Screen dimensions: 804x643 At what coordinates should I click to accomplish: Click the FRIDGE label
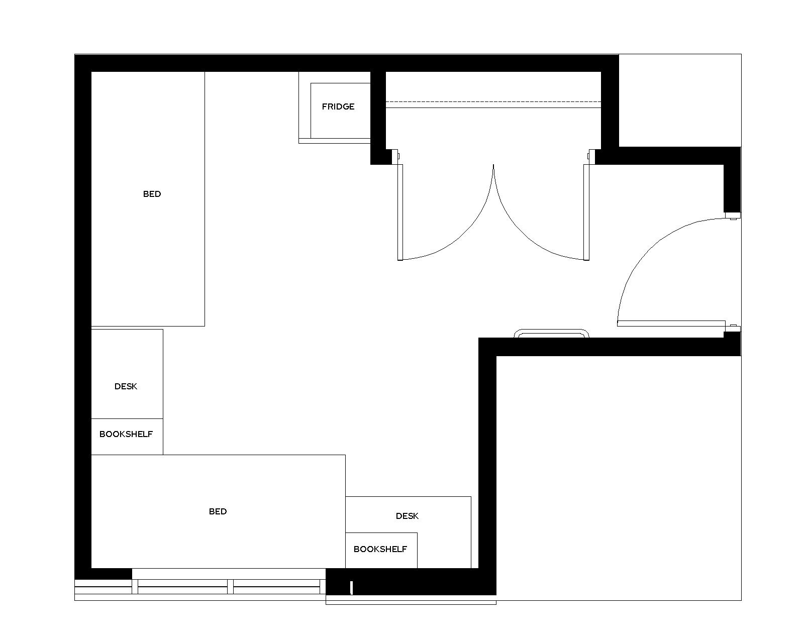coord(338,106)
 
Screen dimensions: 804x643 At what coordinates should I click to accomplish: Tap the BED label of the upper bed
coord(152,194)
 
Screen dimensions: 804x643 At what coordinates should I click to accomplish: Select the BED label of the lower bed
coord(218,511)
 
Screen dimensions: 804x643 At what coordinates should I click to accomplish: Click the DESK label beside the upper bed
coord(126,386)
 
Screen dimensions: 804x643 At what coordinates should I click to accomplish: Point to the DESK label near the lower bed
coord(407,516)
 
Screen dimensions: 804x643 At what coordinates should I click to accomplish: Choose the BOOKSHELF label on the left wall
coord(126,434)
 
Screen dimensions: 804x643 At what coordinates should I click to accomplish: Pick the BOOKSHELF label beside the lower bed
coord(380,549)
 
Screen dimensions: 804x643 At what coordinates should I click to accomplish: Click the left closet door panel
coord(400,212)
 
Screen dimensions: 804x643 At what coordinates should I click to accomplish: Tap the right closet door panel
coord(586,212)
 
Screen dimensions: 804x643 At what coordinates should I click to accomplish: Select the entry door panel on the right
coord(671,324)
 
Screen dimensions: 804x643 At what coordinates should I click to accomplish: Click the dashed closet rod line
coord(493,101)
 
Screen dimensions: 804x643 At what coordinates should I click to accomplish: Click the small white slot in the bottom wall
coord(351,588)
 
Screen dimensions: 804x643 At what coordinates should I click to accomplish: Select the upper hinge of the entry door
coord(733,216)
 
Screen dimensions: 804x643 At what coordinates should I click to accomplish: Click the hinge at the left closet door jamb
coord(395,156)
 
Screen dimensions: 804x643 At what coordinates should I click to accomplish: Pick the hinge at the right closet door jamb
coord(591,156)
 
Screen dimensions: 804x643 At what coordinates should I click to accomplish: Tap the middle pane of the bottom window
coord(183,587)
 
